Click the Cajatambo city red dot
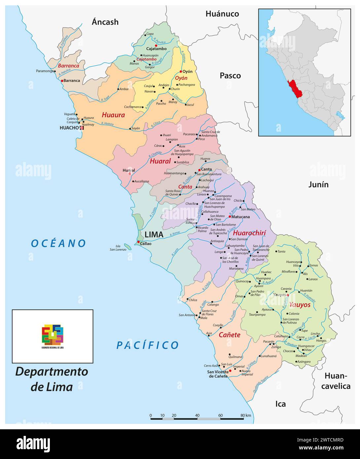point(156,45)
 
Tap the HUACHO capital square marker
point(82,128)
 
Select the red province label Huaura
point(113,115)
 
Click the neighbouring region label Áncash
point(105,22)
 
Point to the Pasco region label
point(230,76)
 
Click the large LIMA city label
point(154,234)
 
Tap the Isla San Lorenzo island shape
point(127,246)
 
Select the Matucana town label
point(241,217)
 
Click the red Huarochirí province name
point(249,233)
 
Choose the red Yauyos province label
point(300,305)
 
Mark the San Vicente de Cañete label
point(217,374)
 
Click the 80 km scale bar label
point(246,415)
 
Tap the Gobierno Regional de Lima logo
point(53,335)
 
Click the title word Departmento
point(52,371)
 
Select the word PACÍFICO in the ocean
point(147,345)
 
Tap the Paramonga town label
point(45,71)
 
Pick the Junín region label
point(318,185)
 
